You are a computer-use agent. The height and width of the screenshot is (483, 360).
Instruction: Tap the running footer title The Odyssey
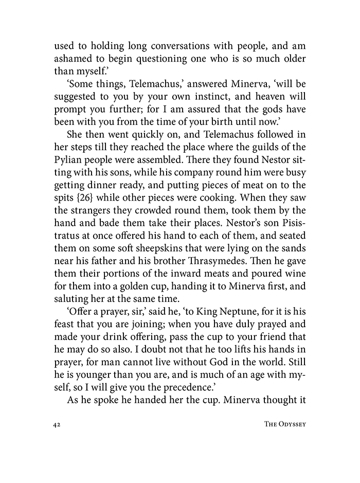tap(283, 425)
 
